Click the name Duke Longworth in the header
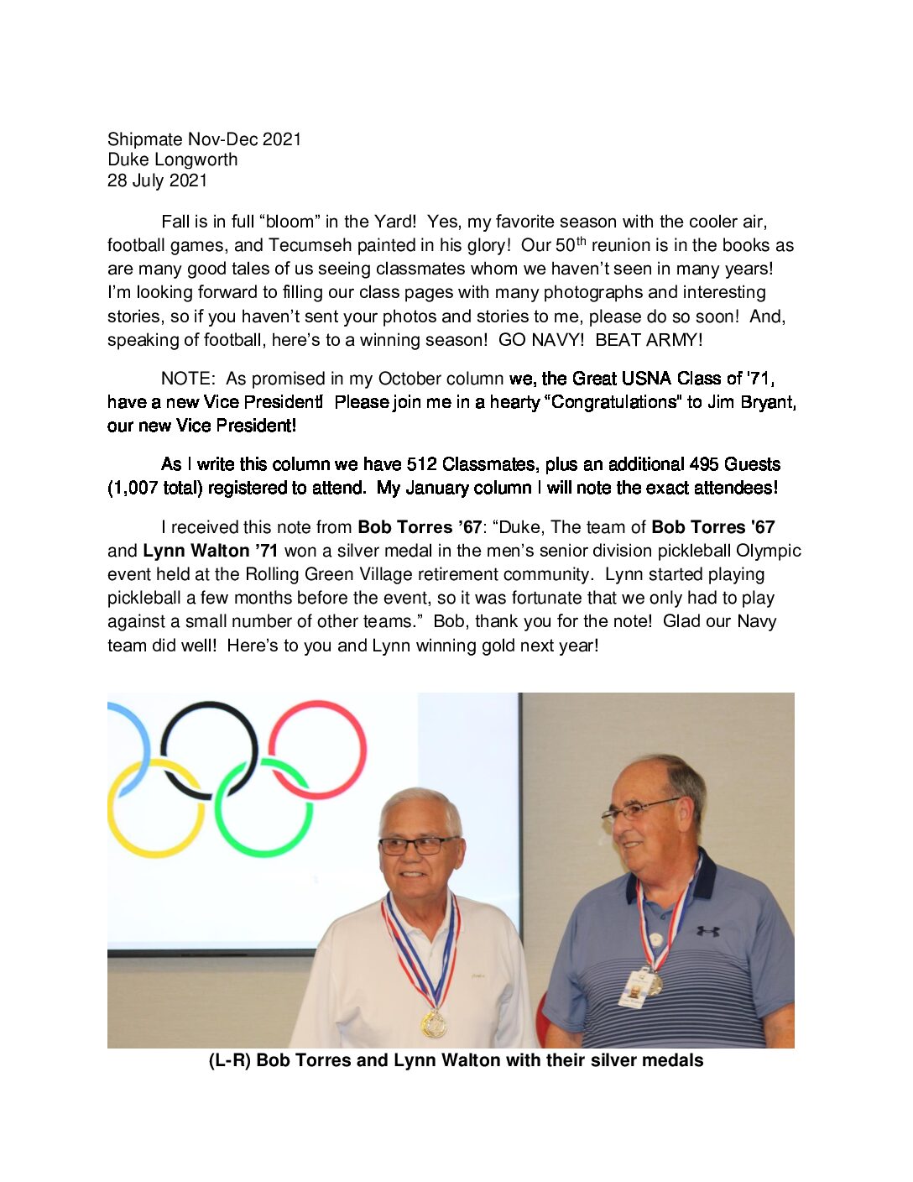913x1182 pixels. pyautogui.click(x=172, y=160)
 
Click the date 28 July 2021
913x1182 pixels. pyautogui.click(x=157, y=180)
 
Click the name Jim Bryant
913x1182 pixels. pyautogui.click(x=751, y=402)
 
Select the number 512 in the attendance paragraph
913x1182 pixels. pyautogui.click(x=421, y=464)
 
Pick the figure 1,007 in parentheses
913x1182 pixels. pyautogui.click(x=133, y=488)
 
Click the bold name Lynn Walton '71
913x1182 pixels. pyautogui.click(x=211, y=551)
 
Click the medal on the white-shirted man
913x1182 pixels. pyautogui.click(x=434, y=1023)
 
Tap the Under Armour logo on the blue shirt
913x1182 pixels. pyautogui.click(x=707, y=931)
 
